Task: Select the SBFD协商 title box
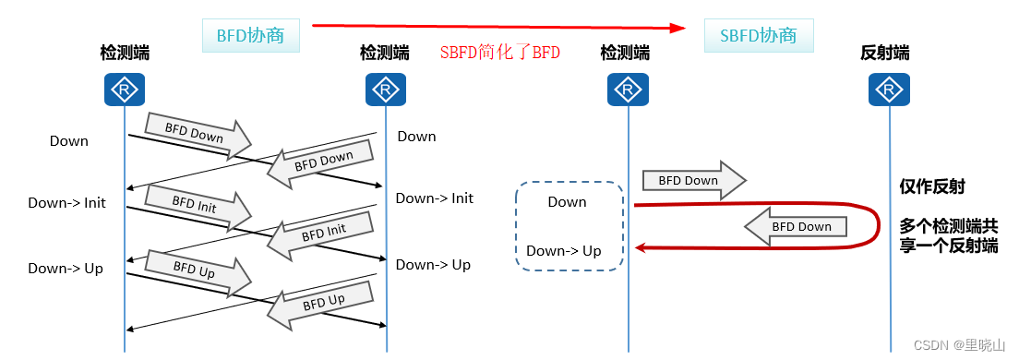click(758, 37)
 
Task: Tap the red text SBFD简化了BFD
click(499, 54)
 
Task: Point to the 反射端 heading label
click(884, 54)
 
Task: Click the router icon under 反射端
click(890, 90)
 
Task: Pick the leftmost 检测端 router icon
click(124, 90)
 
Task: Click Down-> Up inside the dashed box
click(563, 251)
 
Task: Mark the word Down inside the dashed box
click(567, 202)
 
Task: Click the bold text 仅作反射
click(931, 186)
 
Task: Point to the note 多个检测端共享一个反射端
click(948, 236)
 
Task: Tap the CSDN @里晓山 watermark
click(959, 345)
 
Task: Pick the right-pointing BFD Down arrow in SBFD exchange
click(692, 181)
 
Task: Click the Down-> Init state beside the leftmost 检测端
click(66, 203)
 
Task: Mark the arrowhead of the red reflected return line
click(639, 246)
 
